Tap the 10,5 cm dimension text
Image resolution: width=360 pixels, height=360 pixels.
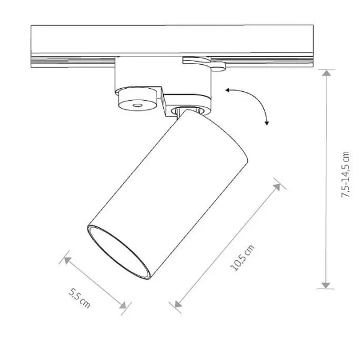[242, 258]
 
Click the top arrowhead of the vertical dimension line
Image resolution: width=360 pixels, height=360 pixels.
[325, 74]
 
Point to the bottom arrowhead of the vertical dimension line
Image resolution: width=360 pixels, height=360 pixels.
[325, 284]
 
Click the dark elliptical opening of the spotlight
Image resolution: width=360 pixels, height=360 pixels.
[117, 253]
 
